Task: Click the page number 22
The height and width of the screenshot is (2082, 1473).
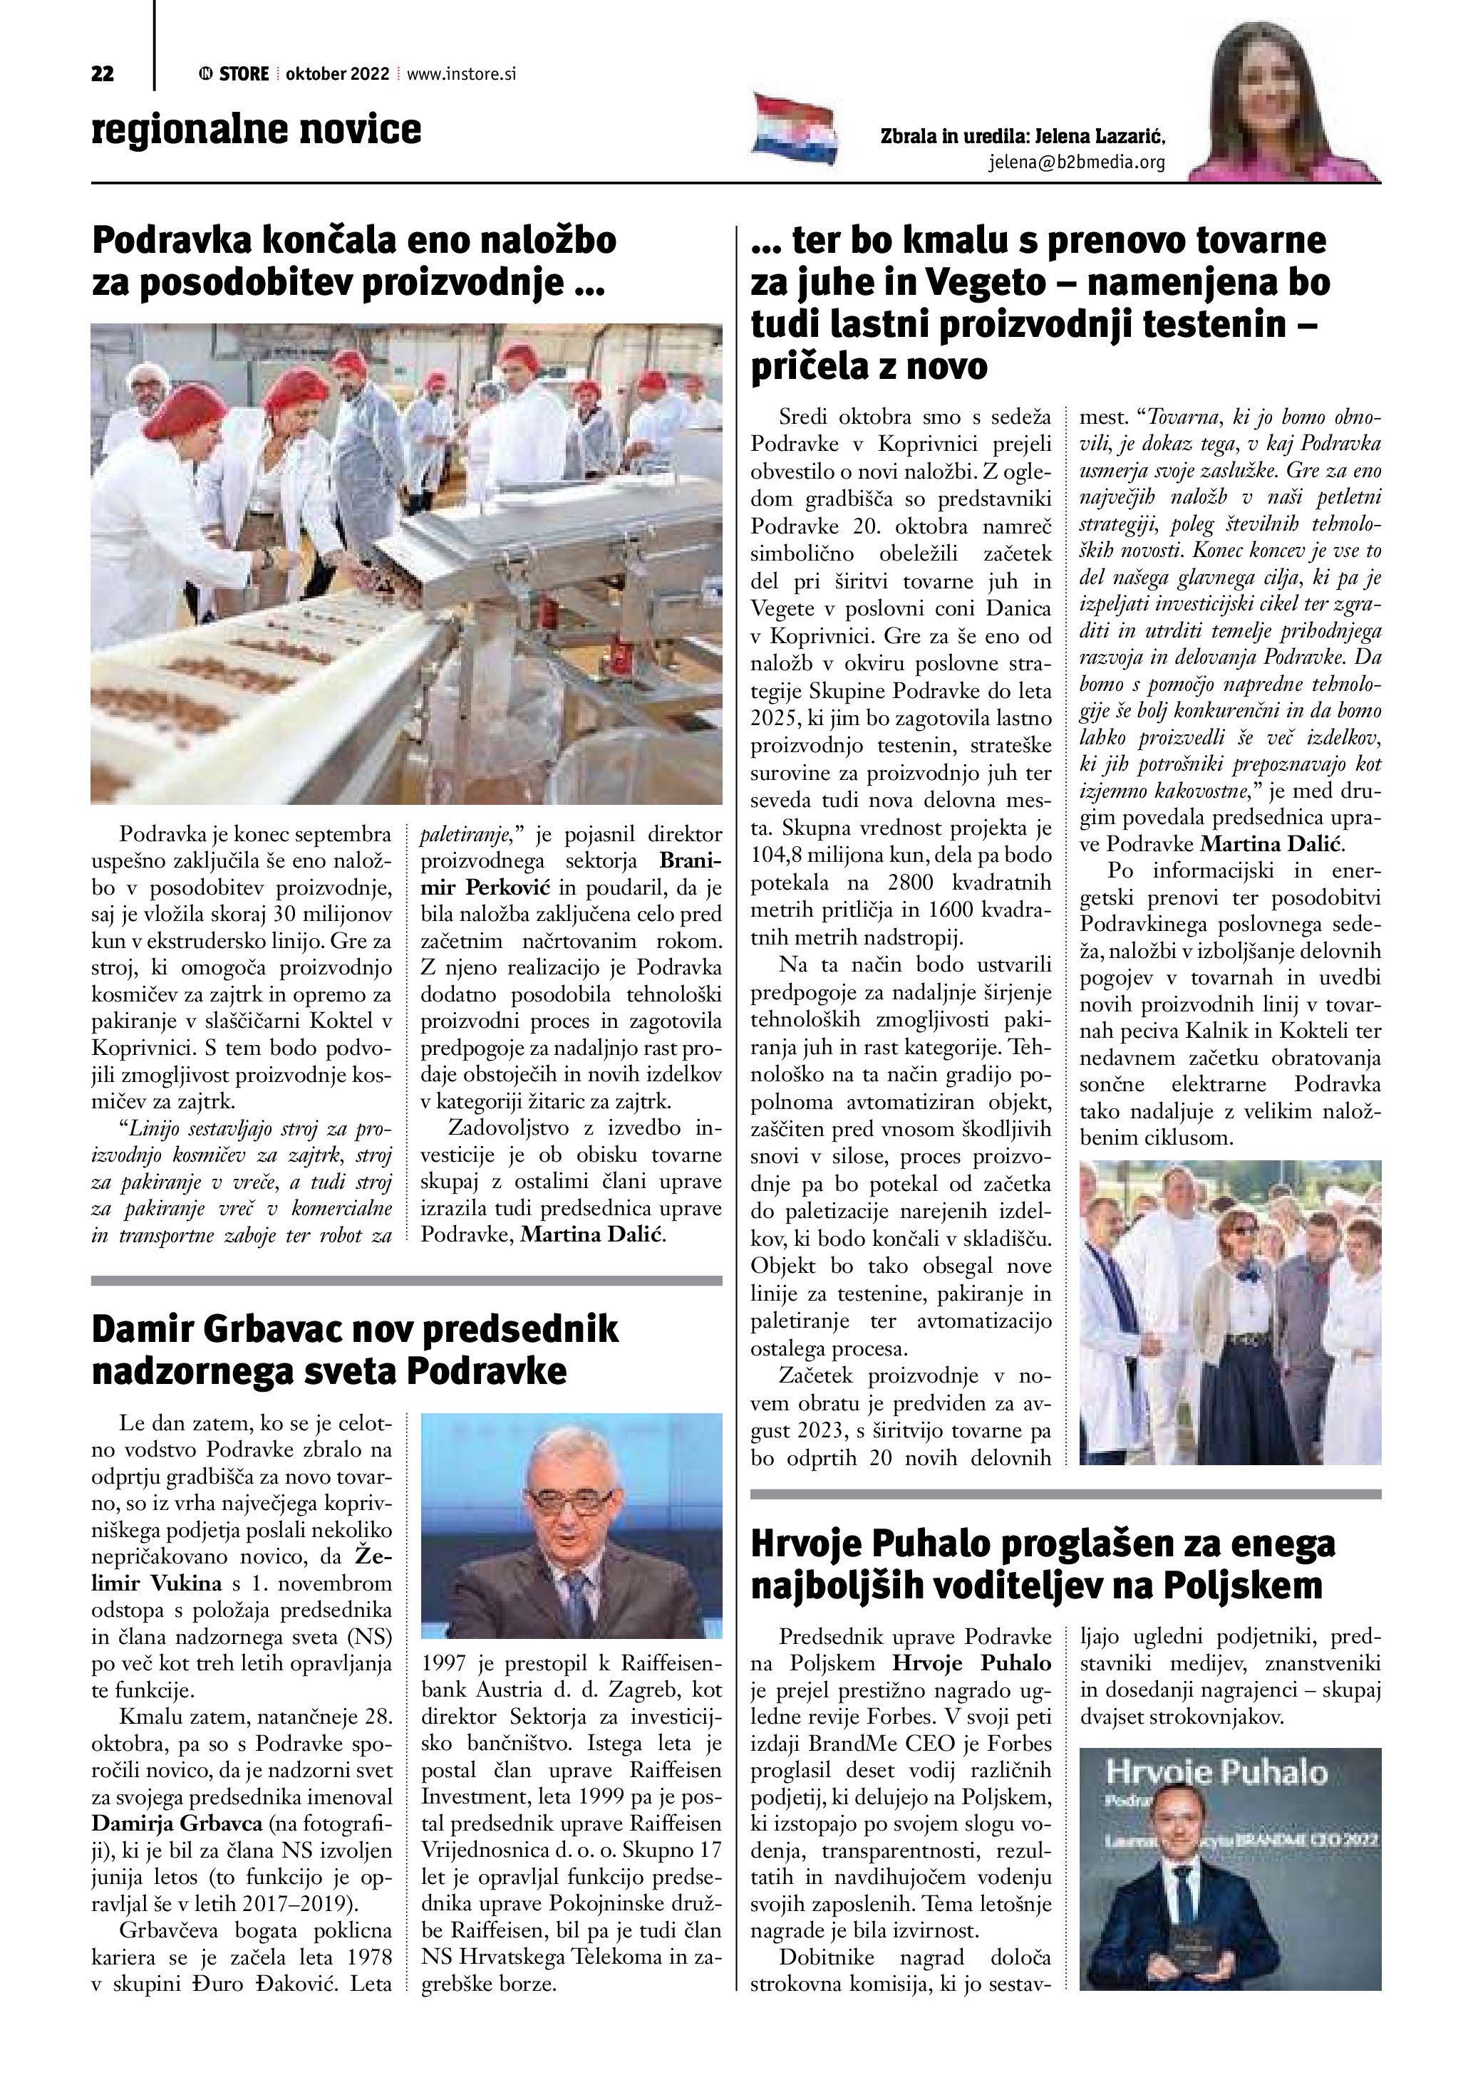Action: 103,74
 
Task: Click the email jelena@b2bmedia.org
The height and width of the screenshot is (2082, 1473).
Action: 1076,163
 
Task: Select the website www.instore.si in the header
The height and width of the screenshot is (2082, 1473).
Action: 462,74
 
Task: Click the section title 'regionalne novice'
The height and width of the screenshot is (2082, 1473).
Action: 256,129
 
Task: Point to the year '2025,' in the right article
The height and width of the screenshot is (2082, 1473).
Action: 775,718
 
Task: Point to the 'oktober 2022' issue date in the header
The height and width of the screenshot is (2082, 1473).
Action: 337,74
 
